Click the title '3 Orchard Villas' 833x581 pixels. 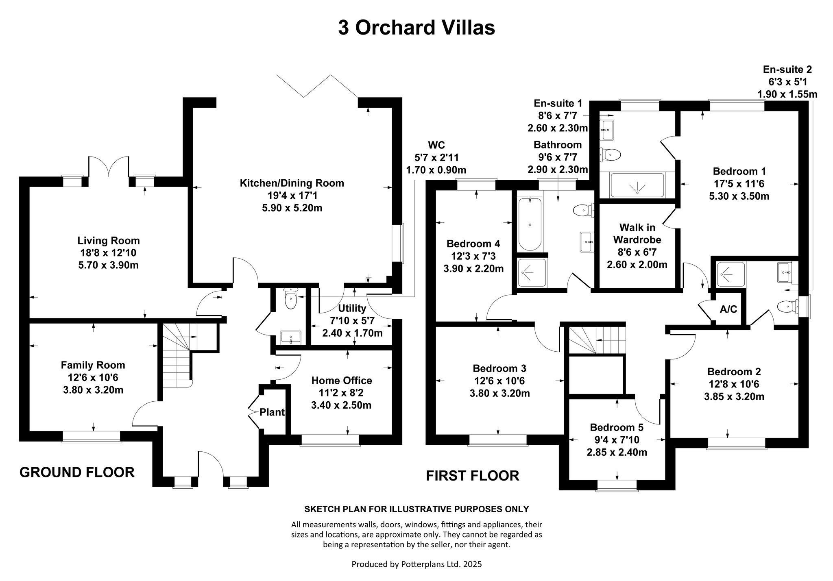click(x=416, y=28)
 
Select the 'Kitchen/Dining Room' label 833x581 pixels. click(x=292, y=183)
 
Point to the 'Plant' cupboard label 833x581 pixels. click(x=272, y=412)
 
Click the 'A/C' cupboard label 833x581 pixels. click(x=728, y=309)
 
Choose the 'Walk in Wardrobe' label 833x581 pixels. click(x=637, y=233)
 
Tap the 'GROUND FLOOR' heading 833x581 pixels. click(x=77, y=472)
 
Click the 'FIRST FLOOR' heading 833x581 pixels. click(x=472, y=475)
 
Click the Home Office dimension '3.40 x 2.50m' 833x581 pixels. click(x=341, y=405)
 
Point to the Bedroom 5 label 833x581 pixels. click(x=617, y=427)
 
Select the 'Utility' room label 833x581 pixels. click(x=352, y=308)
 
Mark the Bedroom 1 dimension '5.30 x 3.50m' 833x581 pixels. click(x=739, y=196)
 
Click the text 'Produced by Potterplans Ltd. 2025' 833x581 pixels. click(x=416, y=564)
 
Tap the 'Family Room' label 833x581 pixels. click(x=93, y=365)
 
